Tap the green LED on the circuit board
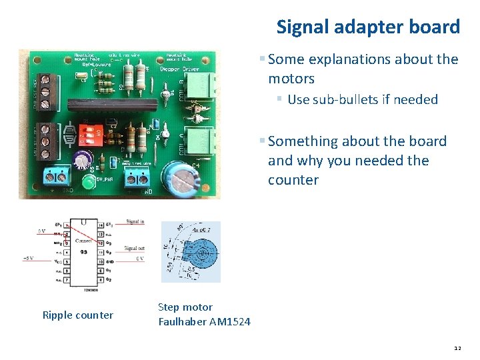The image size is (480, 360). pyautogui.click(x=88, y=181)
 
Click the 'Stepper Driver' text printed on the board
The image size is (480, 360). pyautogui.click(x=180, y=68)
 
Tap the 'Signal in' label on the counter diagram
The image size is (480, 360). pyautogui.click(x=135, y=222)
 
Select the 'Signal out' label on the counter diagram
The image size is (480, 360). pyautogui.click(x=135, y=249)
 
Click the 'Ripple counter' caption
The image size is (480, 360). pyautogui.click(x=77, y=315)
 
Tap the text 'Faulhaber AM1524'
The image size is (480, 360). pyautogui.click(x=204, y=322)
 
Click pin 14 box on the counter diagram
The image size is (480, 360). pyautogui.click(x=101, y=226)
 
